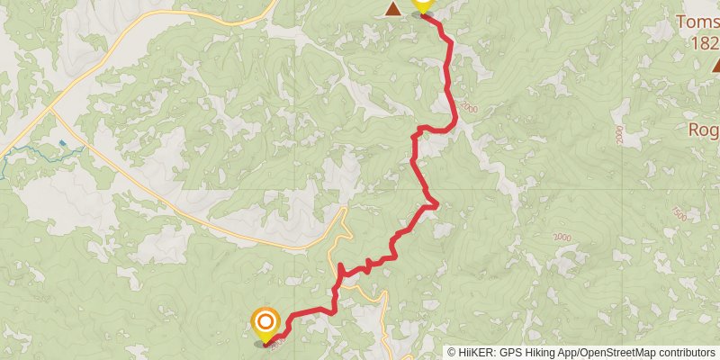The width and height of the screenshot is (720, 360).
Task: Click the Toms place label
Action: coord(698,21)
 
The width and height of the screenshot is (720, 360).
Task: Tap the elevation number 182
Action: coord(704,43)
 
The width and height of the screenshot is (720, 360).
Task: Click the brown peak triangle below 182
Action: coord(716,65)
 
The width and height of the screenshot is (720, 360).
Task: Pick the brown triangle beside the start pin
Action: coord(393,9)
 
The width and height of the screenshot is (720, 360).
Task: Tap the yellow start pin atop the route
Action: coord(422,5)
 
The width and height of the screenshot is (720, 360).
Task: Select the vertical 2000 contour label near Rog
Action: coord(619,135)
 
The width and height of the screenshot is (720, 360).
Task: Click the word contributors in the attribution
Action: coord(685,352)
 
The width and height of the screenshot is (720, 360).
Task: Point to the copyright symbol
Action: coord(452,352)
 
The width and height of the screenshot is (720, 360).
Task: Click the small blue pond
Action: coord(61,143)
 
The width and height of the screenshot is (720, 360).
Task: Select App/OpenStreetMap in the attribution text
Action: coord(608,352)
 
